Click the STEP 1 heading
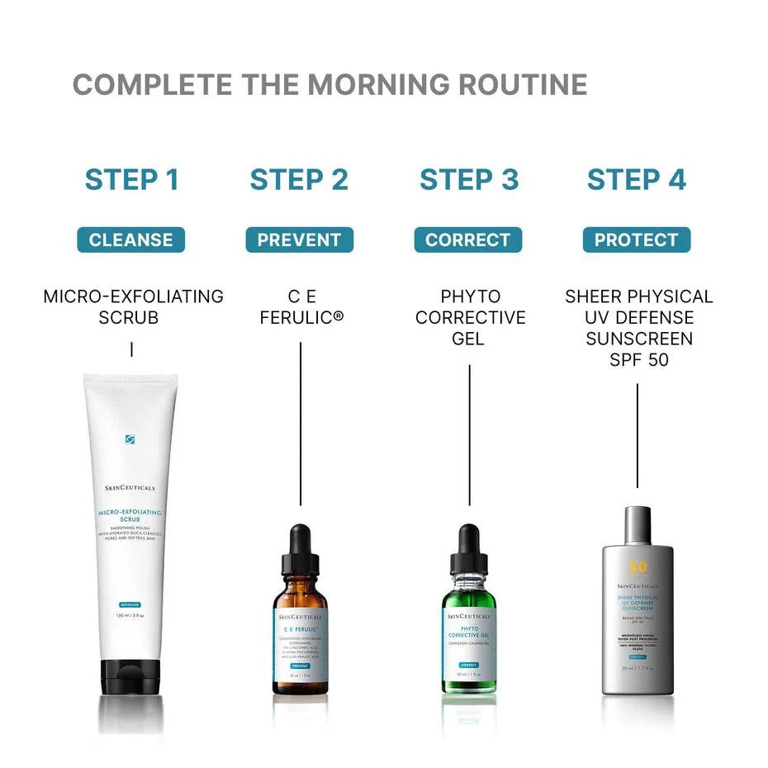coord(132,179)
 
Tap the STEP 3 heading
coord(469,179)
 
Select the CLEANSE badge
coord(131,240)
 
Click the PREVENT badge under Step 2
coord(299,240)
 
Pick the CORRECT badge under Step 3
coord(468,240)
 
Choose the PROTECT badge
coord(636,240)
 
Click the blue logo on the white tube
coord(130,439)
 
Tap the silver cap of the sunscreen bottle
coord(637,525)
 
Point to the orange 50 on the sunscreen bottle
coord(638,568)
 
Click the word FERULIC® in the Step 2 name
coord(301,318)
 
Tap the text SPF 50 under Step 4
coord(638,361)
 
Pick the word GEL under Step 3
coord(468,339)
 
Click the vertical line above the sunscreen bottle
coord(637,435)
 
